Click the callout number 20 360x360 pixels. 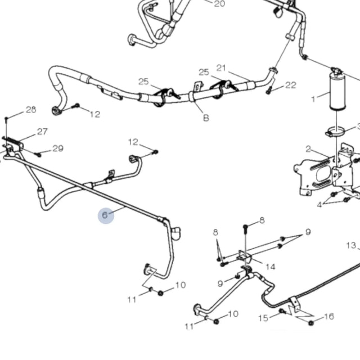tap(219, 4)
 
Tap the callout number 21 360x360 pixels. tap(221, 68)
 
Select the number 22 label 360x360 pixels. tap(290, 85)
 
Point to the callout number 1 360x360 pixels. tap(314, 100)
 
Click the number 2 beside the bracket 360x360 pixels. tap(308, 148)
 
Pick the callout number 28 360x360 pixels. tap(30, 109)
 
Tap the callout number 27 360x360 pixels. tap(42, 132)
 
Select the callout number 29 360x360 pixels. tap(58, 148)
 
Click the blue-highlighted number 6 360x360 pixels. tap(105, 215)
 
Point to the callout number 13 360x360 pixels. tap(351, 245)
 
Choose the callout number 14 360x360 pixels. tap(271, 267)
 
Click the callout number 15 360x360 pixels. tap(263, 318)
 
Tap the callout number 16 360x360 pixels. tap(329, 317)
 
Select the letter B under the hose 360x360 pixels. tap(206, 118)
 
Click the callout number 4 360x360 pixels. tap(319, 205)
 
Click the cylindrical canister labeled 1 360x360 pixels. tap(338, 93)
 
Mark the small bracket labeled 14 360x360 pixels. tap(244, 256)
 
